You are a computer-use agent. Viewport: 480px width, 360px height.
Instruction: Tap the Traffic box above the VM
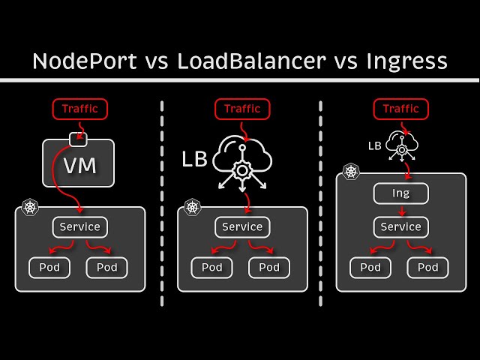[x=80, y=109]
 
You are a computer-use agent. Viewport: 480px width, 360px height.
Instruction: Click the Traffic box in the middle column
[x=242, y=109]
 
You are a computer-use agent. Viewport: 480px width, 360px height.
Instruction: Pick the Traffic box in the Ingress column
[x=401, y=109]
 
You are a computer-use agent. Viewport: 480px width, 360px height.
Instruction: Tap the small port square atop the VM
[x=79, y=139]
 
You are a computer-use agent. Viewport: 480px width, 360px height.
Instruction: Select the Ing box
[x=401, y=194]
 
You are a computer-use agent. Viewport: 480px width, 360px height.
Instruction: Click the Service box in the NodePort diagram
[x=80, y=226]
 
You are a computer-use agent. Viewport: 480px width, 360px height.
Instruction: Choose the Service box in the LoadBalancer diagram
[x=242, y=226]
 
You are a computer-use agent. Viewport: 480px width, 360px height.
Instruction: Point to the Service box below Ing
[x=401, y=226]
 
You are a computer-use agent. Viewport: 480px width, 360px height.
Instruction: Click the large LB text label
[x=193, y=159]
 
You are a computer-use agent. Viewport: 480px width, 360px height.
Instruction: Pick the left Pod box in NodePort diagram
[x=49, y=267]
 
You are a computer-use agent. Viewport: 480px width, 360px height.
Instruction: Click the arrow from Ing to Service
[x=401, y=210]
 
